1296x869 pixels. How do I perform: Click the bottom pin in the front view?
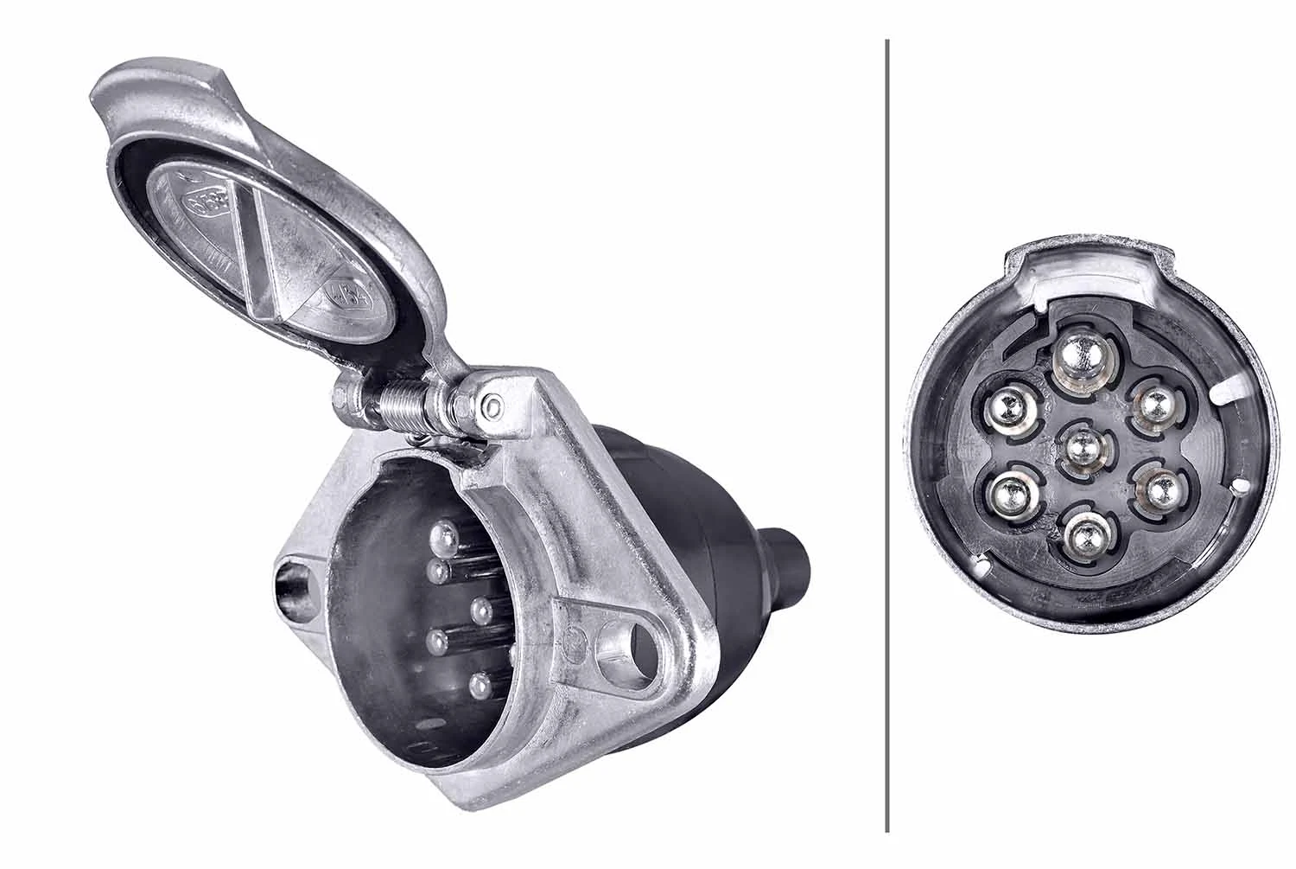[x=1085, y=537]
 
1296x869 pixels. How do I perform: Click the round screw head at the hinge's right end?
[x=492, y=406]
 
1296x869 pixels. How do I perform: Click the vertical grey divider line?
[x=887, y=432]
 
